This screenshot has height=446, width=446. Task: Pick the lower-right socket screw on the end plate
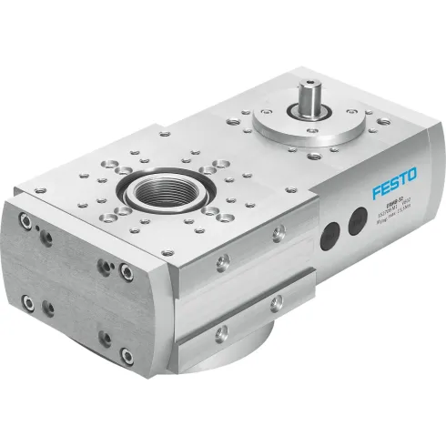click(106, 340)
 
